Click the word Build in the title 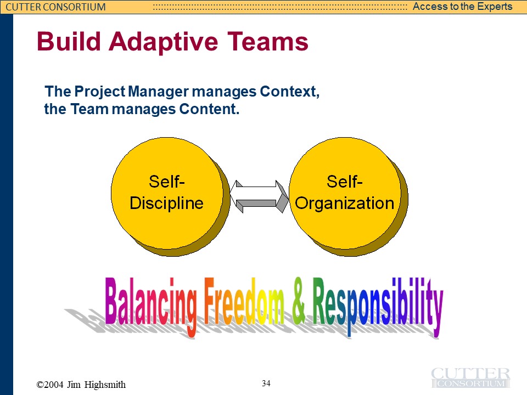pos(69,41)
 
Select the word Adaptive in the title pos(164,42)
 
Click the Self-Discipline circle pos(167,193)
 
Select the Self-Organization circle pos(345,193)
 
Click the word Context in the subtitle pos(289,92)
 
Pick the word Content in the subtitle pos(209,109)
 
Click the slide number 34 pos(266,383)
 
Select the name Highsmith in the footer pos(105,385)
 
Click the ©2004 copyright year pos(50,385)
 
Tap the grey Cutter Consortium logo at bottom pos(470,377)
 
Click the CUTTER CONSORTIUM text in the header pos(56,7)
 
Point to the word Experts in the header pos(494,7)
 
